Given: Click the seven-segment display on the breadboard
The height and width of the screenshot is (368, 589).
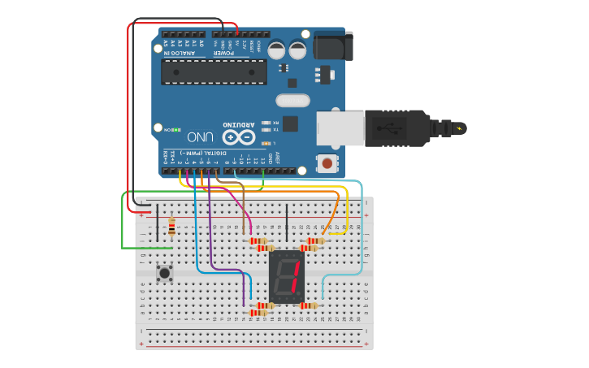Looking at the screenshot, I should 286,275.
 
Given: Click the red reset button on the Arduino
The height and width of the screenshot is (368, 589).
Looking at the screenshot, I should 327,163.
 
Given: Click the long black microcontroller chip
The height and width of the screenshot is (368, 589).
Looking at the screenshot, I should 214,71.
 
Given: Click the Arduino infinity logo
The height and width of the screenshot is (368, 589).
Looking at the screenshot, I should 238,137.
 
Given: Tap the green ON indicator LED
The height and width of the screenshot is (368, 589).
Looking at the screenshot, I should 176,129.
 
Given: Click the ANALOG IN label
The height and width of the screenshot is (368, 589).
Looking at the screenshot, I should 179,53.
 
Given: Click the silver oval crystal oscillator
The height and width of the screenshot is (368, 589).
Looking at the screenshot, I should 292,101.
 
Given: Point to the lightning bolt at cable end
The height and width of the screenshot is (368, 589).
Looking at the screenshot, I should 461,128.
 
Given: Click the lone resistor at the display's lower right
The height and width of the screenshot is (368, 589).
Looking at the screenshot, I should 308,305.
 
